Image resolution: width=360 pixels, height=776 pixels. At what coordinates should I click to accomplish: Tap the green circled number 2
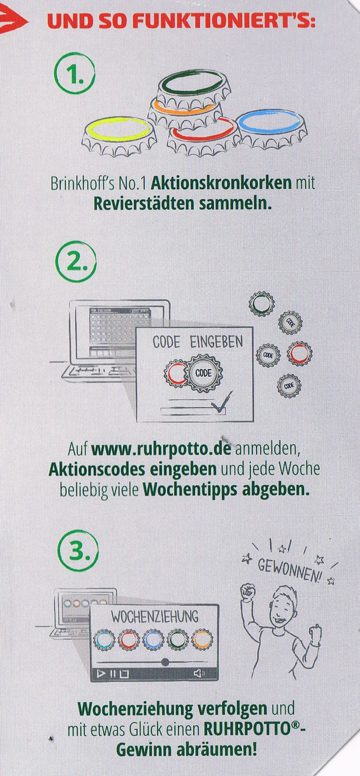tap(76, 261)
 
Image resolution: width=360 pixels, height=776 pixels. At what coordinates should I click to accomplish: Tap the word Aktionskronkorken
tap(221, 183)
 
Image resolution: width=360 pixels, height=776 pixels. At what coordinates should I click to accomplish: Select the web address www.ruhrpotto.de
tap(161, 449)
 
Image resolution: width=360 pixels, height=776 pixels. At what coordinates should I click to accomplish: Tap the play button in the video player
tap(101, 673)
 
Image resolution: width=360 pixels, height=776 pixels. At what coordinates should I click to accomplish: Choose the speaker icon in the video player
tap(199, 673)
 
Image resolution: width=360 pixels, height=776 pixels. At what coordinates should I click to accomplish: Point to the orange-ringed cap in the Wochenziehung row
tap(203, 639)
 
